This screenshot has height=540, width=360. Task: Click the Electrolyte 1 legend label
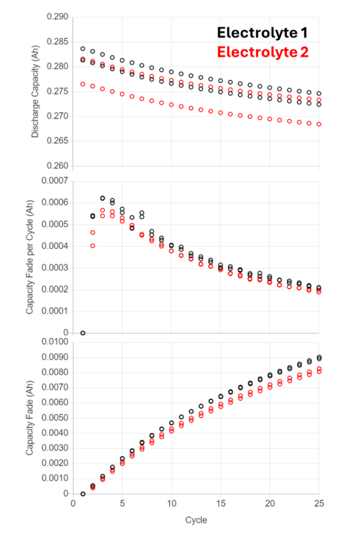point(262,33)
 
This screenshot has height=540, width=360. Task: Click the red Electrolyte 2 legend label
point(262,52)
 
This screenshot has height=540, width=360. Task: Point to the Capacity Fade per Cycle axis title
point(30,257)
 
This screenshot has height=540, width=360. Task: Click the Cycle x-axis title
point(196,520)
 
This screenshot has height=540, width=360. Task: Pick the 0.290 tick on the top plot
point(57,17)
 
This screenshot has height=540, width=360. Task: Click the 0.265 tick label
point(57,141)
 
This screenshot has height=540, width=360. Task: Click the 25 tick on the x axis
point(318,504)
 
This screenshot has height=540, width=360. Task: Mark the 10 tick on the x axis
point(171,504)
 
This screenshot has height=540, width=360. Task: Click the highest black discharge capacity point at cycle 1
point(83,49)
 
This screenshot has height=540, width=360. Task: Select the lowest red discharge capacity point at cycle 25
point(319,124)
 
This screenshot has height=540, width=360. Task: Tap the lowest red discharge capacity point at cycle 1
point(83,84)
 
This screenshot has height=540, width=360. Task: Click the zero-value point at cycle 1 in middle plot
point(83,333)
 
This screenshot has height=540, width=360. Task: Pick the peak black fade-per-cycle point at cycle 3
point(102,198)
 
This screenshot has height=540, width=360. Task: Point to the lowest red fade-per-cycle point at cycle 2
point(93,246)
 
